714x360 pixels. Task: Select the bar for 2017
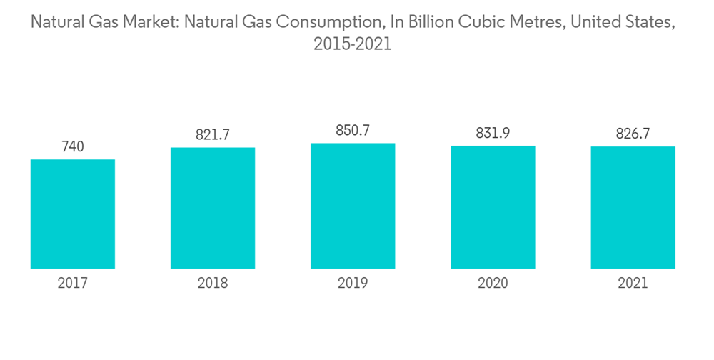[x=73, y=214]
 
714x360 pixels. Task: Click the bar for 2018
[x=213, y=208]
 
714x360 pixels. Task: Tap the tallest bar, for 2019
[x=353, y=206]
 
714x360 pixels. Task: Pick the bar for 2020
[x=493, y=207]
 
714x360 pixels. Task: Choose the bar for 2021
[x=633, y=207]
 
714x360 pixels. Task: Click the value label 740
[x=73, y=146]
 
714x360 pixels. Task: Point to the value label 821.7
[x=213, y=134]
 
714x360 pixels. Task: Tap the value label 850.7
[x=353, y=131]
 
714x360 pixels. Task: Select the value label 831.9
[x=493, y=134]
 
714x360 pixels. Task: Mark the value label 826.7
[x=633, y=134]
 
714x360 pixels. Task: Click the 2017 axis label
[x=73, y=284]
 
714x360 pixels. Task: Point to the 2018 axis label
[x=213, y=284]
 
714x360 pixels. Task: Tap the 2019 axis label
[x=353, y=284]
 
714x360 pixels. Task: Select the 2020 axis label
[x=493, y=284]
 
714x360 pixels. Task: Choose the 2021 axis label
[x=633, y=284]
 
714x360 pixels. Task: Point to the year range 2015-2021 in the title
[x=353, y=44]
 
